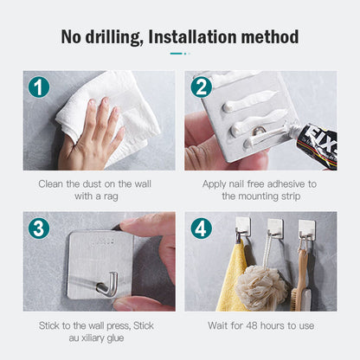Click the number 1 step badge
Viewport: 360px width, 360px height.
pos(39,87)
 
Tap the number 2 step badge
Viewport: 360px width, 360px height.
pos(202,87)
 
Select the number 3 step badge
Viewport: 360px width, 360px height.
pos(39,228)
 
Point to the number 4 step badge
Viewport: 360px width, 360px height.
pos(202,228)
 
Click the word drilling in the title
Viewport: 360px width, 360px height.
pos(114,37)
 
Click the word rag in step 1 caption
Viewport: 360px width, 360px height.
pos(111,196)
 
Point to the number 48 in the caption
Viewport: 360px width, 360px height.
pos(252,325)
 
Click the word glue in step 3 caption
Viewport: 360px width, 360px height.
pos(115,338)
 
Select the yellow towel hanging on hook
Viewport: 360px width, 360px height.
pos(231,277)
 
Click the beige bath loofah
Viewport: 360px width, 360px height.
pos(261,287)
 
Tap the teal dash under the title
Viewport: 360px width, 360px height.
pos(176,54)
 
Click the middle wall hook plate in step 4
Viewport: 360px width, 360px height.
pos(275,228)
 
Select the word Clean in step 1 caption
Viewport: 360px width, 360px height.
pos(51,183)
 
